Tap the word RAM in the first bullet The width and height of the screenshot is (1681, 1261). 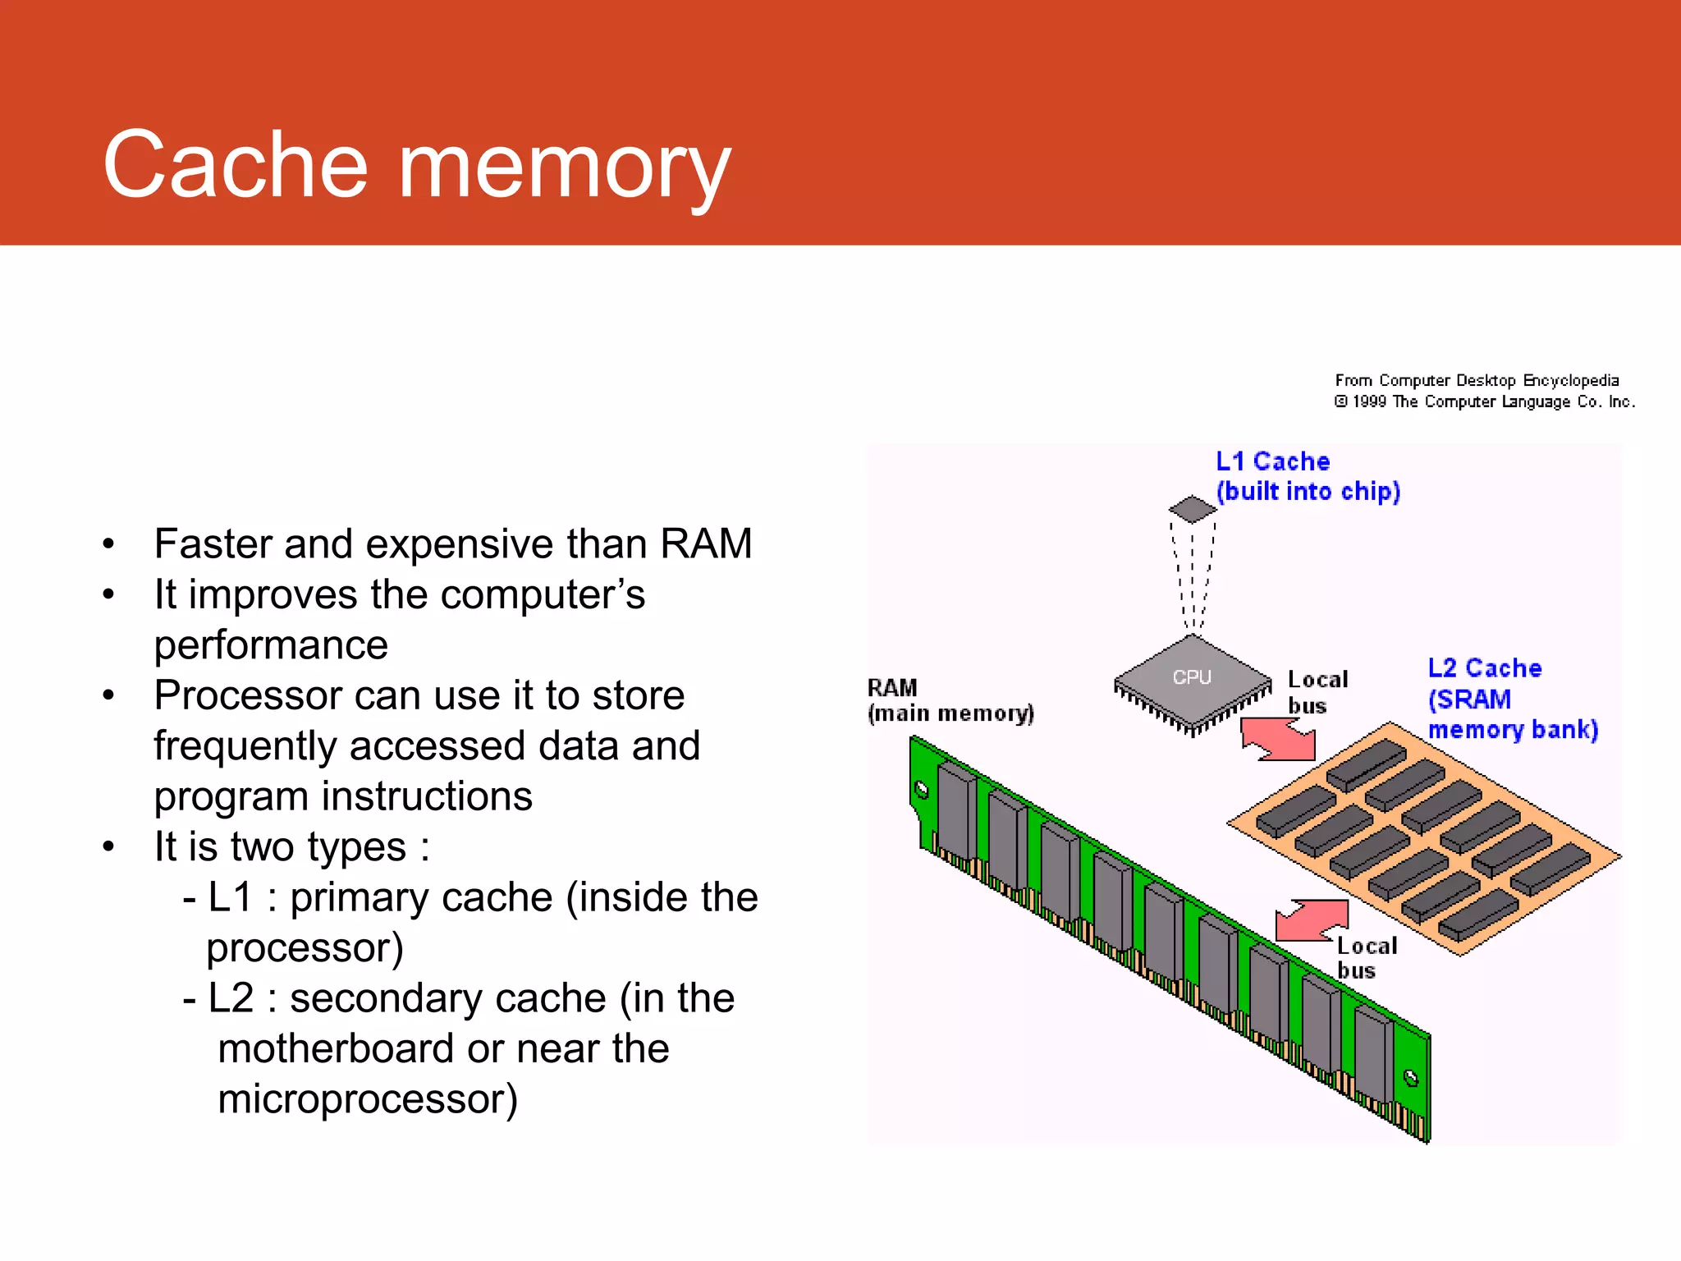point(706,543)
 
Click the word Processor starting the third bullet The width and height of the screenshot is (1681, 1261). point(247,696)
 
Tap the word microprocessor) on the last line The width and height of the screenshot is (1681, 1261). point(368,1100)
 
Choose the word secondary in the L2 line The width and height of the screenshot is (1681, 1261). point(384,999)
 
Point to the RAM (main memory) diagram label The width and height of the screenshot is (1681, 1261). point(950,700)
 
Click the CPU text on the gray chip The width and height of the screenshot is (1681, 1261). point(1192,677)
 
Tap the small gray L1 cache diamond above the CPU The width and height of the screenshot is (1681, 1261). point(1193,509)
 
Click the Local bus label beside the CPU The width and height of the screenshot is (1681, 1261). point(1317,692)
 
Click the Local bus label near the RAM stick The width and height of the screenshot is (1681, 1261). point(1366,958)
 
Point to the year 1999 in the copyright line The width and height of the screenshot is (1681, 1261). point(1369,402)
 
